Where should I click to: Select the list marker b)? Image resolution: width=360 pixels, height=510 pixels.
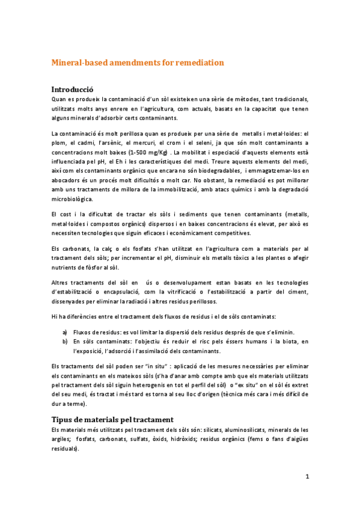(65, 342)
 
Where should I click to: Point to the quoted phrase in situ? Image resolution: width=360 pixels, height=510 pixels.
(148, 366)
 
